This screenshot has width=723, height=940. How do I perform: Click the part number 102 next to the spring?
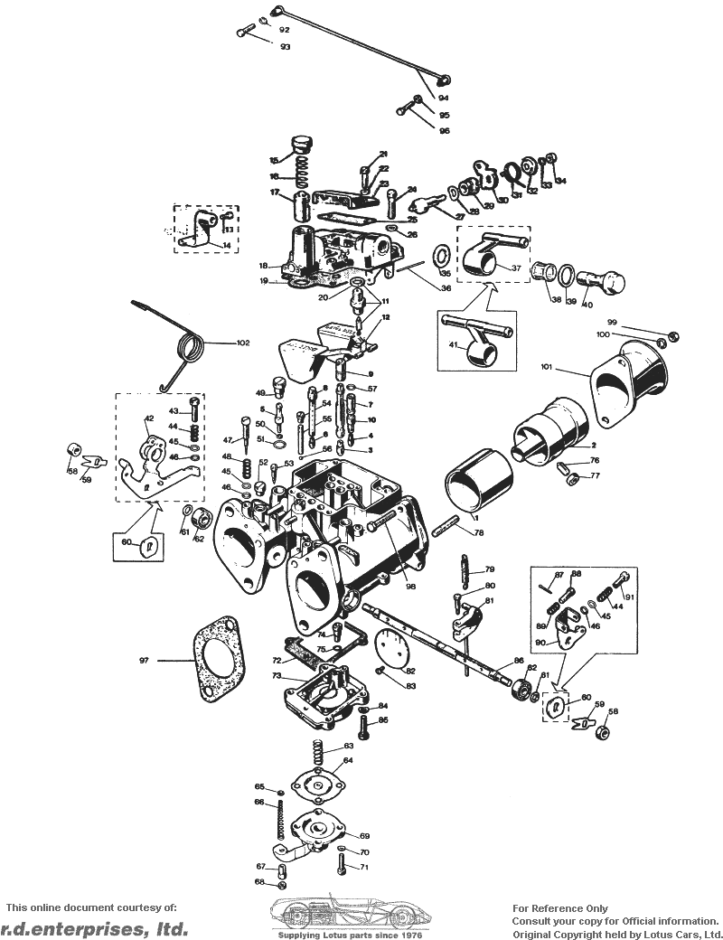pos(243,343)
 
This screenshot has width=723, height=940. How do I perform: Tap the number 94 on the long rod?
pos(444,98)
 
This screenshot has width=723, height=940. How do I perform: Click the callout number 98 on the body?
pos(410,587)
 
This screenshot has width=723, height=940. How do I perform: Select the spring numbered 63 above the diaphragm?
pos(318,757)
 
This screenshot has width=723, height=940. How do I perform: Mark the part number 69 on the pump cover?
pos(364,836)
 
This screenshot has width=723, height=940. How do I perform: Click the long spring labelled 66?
pos(281,823)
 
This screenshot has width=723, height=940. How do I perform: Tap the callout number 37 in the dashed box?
pos(516,268)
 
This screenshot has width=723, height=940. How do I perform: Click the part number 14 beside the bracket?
pos(226,246)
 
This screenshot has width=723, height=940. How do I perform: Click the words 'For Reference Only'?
pos(560,908)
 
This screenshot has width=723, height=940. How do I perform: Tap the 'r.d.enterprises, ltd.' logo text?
pos(94,928)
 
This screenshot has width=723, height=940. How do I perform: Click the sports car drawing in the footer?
pos(352,914)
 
